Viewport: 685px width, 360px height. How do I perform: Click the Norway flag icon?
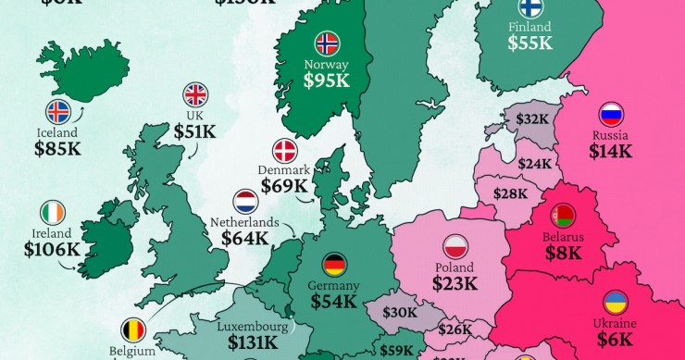327,43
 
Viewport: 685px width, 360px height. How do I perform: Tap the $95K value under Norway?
327,81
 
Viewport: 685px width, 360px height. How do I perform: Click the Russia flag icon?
611,115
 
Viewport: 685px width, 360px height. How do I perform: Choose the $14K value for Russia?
611,151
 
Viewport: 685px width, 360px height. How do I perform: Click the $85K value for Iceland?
57,147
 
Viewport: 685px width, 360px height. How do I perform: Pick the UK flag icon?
194,93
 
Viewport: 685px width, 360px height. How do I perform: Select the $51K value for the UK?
194,131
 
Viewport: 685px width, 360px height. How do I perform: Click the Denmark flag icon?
283,151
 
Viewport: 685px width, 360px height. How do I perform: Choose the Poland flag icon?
455,246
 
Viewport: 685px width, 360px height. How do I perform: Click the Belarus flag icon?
563,217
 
